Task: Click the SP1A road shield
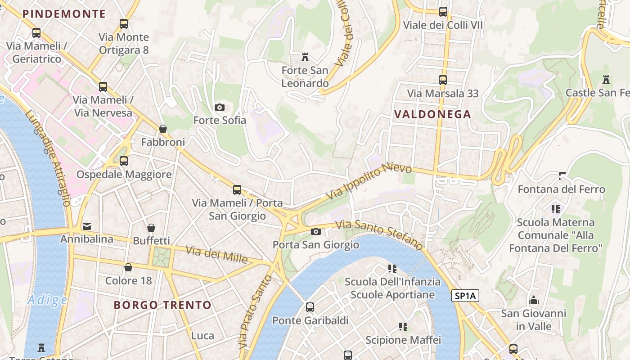465,296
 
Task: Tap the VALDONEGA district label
432,114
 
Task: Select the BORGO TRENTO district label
162,305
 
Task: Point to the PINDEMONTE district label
64,14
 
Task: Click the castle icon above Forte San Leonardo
305,57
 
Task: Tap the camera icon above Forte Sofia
220,107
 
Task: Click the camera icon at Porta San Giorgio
316,231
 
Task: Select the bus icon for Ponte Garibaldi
310,307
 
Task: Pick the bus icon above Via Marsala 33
443,80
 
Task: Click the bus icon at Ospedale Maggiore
124,161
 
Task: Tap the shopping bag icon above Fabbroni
163,129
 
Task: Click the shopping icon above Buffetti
151,228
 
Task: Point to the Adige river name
47,300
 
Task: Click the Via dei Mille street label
217,255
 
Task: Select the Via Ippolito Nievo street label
369,182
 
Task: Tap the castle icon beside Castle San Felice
606,80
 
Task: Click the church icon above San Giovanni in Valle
534,300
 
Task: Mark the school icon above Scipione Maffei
403,326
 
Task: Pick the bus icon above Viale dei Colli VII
443,12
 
